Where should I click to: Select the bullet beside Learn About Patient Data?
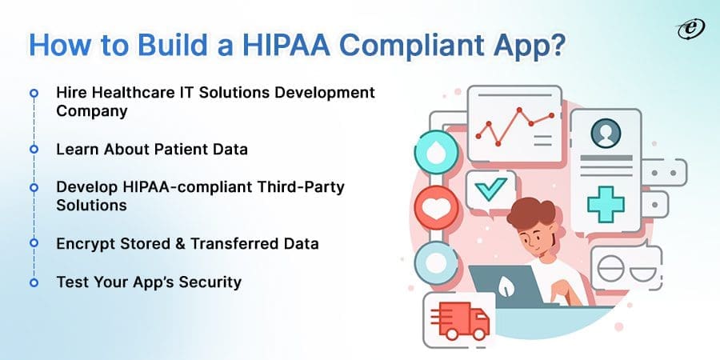[34, 149]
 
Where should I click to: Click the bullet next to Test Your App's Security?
[34, 282]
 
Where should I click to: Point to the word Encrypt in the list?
[84, 243]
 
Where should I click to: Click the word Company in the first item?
[91, 111]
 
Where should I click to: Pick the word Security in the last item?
[211, 282]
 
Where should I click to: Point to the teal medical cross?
[606, 202]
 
